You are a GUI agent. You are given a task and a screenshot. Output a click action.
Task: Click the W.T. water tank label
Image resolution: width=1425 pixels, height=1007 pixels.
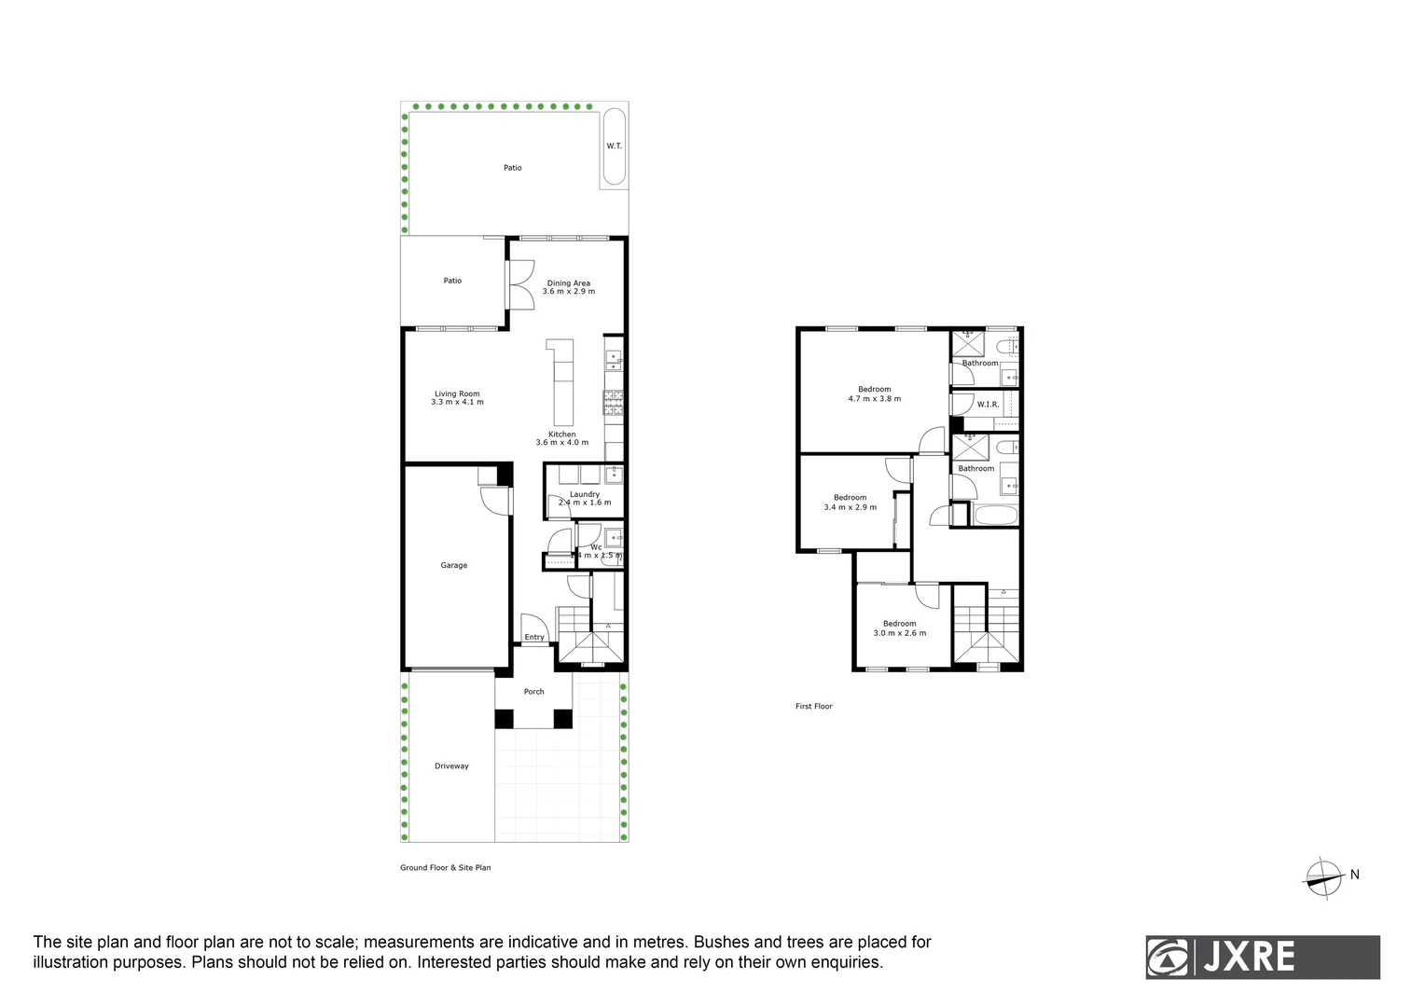(x=614, y=146)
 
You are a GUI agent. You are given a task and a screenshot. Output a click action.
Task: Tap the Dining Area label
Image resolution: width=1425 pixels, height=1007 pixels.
(x=568, y=283)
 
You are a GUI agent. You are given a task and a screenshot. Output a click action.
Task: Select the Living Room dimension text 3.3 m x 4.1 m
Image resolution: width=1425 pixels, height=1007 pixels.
(x=457, y=402)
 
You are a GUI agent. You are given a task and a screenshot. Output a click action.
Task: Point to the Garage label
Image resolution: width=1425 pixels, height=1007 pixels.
(x=454, y=565)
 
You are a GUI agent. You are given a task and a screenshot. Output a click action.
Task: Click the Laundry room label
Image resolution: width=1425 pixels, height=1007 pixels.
(x=585, y=494)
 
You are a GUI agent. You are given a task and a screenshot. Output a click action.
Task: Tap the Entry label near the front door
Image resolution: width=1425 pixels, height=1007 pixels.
(x=534, y=638)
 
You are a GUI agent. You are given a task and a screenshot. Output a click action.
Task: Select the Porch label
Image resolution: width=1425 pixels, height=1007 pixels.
(x=533, y=692)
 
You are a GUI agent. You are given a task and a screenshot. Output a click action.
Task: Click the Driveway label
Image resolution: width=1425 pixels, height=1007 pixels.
(x=451, y=766)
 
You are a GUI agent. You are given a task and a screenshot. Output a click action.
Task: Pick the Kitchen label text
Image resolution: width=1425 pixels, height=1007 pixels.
(x=561, y=435)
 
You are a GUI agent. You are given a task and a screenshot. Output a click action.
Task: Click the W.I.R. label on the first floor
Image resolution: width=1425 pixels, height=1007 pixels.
(x=988, y=405)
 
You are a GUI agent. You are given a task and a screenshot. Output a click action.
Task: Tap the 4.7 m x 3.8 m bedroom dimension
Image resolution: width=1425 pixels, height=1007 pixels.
(x=874, y=399)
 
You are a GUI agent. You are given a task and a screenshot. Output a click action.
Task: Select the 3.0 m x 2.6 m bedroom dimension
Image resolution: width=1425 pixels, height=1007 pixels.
(x=899, y=633)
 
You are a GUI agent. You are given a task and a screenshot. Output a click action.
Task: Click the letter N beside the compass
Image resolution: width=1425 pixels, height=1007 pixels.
(x=1354, y=875)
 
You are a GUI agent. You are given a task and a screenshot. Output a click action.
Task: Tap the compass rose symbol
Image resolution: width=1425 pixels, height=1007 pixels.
(x=1322, y=876)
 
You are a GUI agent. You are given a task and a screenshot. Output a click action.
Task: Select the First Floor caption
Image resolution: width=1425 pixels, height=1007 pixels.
(x=813, y=707)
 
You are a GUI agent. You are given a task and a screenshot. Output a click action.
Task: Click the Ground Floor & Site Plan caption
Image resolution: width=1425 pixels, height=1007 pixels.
(x=445, y=868)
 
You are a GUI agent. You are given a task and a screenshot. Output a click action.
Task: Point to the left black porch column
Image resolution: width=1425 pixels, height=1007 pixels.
(x=504, y=719)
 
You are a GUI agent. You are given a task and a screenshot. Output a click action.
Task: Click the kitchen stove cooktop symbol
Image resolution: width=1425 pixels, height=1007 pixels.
(x=614, y=402)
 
